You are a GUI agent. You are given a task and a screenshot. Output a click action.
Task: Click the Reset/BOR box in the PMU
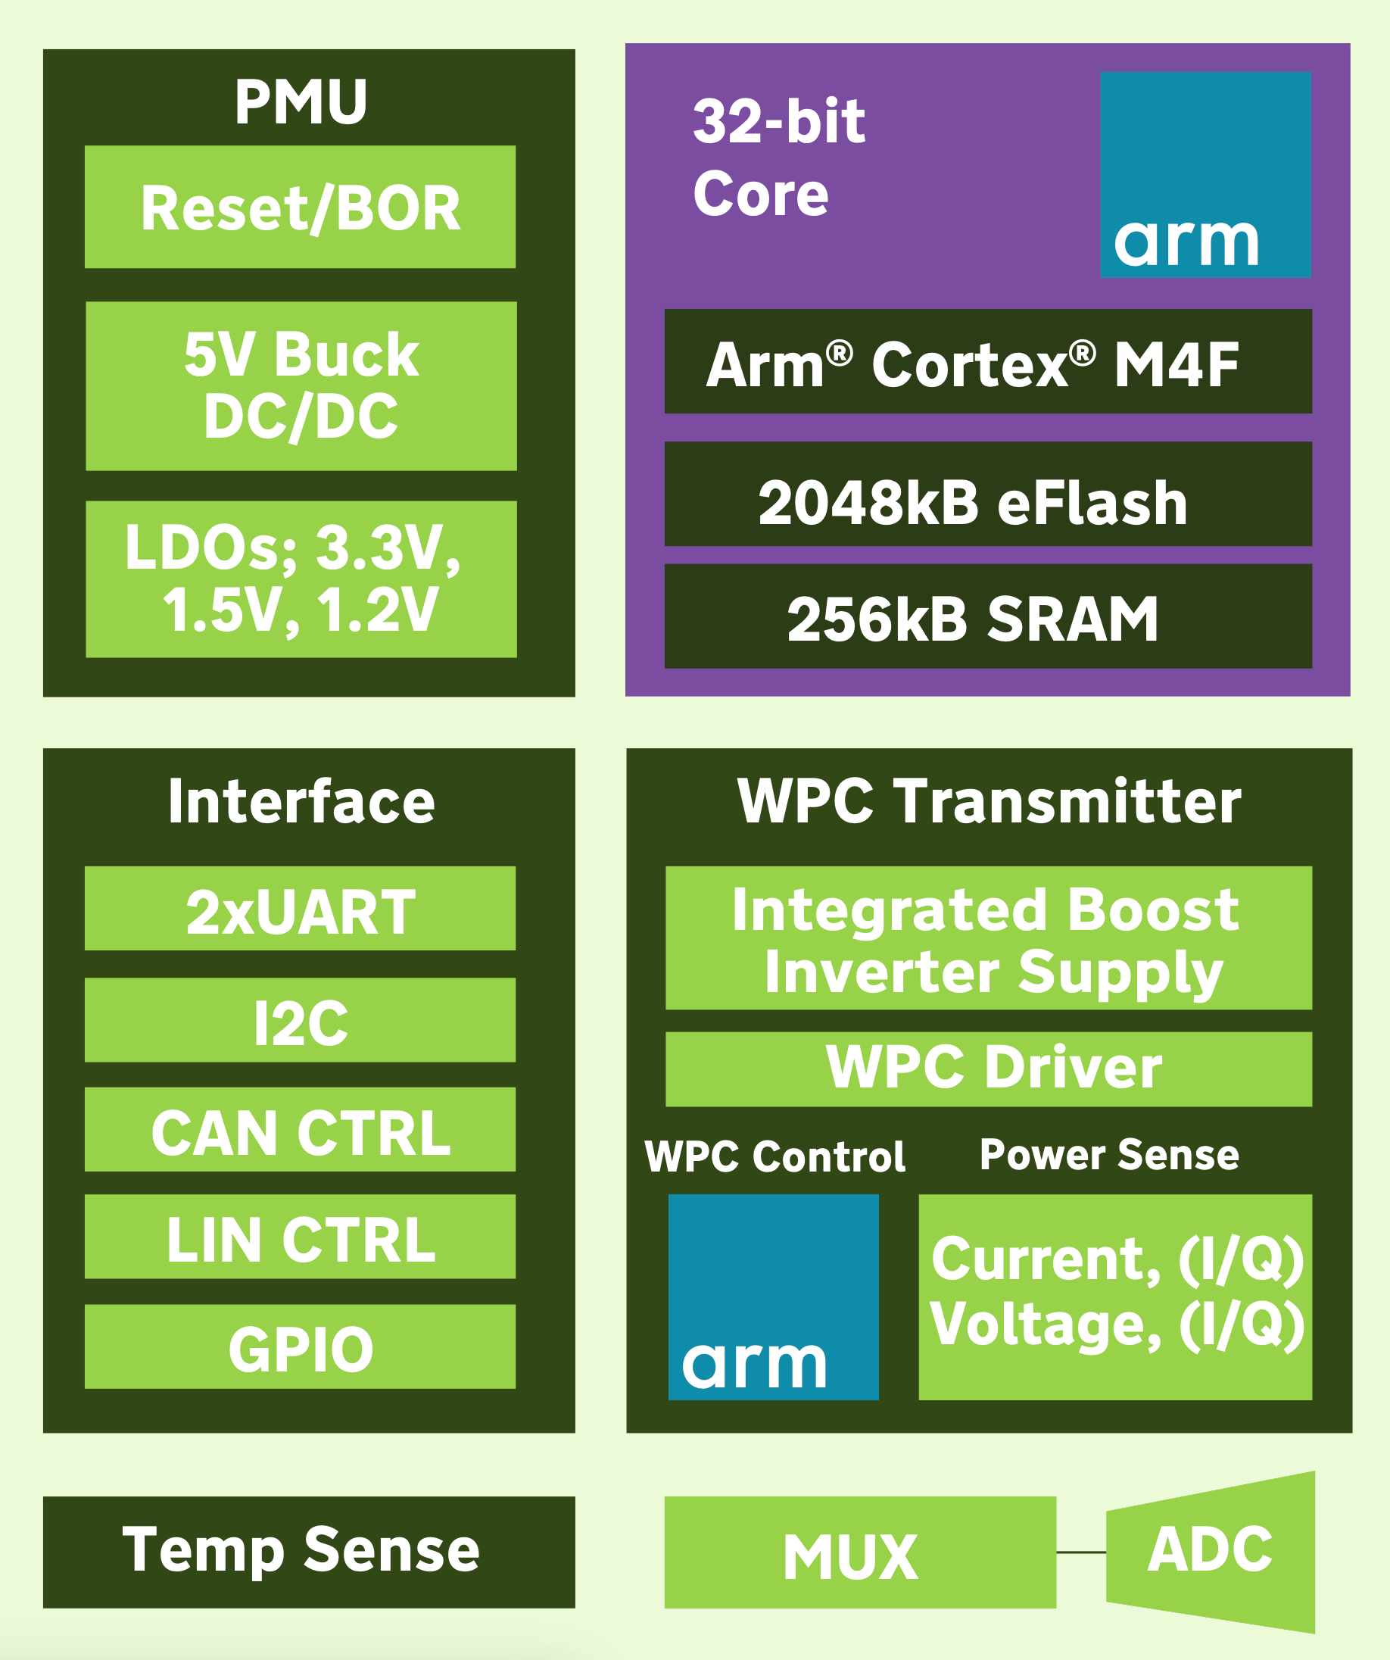(x=301, y=207)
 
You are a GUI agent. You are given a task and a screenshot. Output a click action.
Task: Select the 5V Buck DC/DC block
(x=301, y=385)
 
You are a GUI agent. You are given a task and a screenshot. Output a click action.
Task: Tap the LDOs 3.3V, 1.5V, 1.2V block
(x=301, y=579)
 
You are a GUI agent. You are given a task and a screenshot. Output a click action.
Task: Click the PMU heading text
(x=301, y=102)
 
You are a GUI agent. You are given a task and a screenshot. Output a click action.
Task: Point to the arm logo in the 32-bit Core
(x=1205, y=175)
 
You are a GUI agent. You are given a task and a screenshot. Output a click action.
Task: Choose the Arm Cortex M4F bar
(x=988, y=362)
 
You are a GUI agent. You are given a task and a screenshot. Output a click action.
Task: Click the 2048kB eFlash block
(x=988, y=494)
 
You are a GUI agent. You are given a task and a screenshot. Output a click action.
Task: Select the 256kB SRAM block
(x=988, y=616)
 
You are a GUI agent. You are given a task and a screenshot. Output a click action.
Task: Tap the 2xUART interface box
(x=301, y=908)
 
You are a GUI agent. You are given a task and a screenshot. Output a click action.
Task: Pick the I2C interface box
(x=301, y=1020)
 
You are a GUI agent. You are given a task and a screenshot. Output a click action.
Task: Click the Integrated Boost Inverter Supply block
(x=989, y=938)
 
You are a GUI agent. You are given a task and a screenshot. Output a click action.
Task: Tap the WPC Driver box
(x=989, y=1069)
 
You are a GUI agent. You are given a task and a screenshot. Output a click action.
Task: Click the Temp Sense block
(x=309, y=1552)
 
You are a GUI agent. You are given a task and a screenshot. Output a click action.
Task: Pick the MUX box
(x=860, y=1552)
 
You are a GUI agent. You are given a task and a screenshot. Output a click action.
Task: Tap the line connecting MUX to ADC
(x=1081, y=1552)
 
